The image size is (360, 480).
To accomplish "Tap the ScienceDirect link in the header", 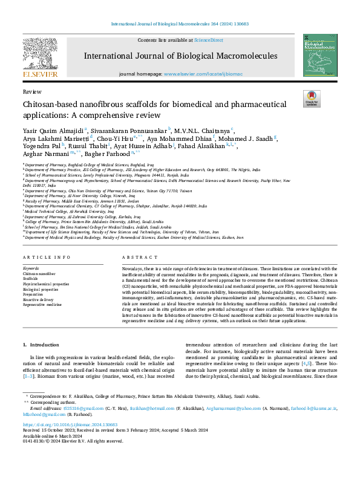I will (x=209, y=39).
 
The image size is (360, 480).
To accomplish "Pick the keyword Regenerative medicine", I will (x=42, y=305).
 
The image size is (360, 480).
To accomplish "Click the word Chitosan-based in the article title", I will (x=48, y=104).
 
